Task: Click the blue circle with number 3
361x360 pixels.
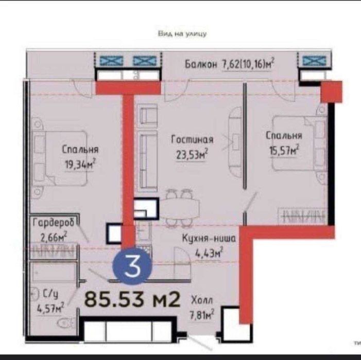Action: pyautogui.click(x=132, y=266)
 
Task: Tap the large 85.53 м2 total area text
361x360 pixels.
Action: pyautogui.click(x=132, y=299)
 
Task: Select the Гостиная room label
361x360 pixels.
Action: pyautogui.click(x=192, y=139)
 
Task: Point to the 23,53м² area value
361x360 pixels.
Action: pyautogui.click(x=192, y=154)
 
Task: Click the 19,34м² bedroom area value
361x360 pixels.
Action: pyautogui.click(x=80, y=164)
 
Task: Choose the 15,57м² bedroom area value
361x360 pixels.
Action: pyautogui.click(x=284, y=151)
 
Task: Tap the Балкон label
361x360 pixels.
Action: pyautogui.click(x=201, y=64)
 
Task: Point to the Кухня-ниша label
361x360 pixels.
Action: pyautogui.click(x=209, y=239)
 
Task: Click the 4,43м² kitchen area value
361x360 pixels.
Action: pyautogui.click(x=209, y=253)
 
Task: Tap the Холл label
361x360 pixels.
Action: pyautogui.click(x=202, y=300)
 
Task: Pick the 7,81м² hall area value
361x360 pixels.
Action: pyautogui.click(x=202, y=314)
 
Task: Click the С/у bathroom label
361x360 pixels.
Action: pyautogui.click(x=50, y=294)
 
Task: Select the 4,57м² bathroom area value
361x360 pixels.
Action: pyautogui.click(x=50, y=308)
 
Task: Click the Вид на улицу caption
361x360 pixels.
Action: pyautogui.click(x=182, y=34)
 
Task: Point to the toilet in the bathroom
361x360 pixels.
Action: pyautogui.click(x=65, y=323)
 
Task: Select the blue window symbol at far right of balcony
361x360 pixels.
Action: pyautogui.click(x=315, y=61)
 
